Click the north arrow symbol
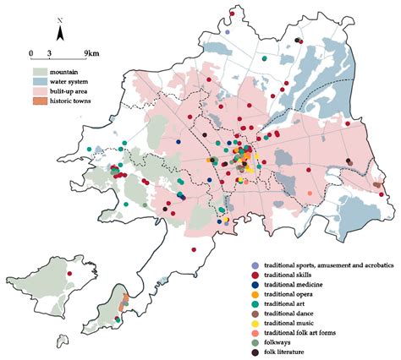coord(59,34)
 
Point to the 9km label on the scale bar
coord(92,53)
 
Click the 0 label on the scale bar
coord(31,53)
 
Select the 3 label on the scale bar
coord(50,53)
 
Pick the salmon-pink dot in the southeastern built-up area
coord(310,194)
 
